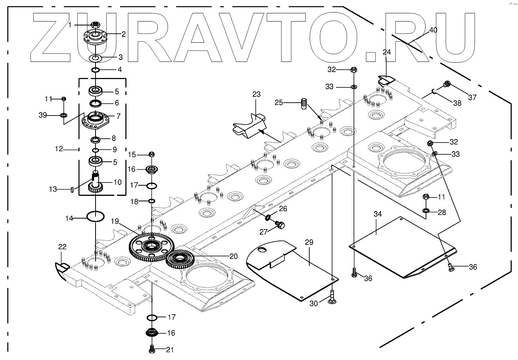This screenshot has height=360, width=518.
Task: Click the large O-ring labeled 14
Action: coord(95,216)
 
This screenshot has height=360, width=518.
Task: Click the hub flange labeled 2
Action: coord(95,36)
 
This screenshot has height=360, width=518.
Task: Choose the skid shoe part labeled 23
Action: coord(249,127)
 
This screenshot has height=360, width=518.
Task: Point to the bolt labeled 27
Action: coord(280,225)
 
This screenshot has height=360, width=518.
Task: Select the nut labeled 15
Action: coord(152,154)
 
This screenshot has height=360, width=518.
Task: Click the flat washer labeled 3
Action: coord(95,58)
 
